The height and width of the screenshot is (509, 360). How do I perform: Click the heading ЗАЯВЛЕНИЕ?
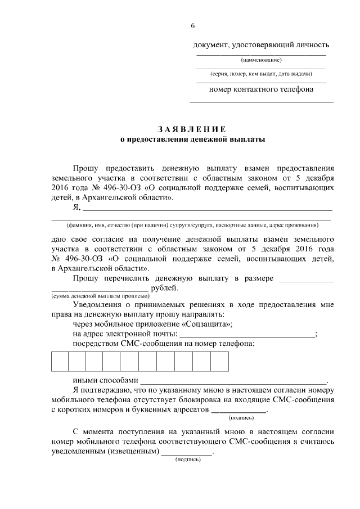click(x=193, y=129)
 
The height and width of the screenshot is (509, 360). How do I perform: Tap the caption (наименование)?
click(x=261, y=60)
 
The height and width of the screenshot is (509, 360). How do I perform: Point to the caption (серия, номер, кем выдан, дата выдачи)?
click(x=261, y=74)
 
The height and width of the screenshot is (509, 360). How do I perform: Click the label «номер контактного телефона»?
click(x=261, y=89)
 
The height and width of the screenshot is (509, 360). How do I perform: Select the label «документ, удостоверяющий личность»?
click(x=261, y=45)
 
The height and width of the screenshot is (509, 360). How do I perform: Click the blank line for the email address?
click(x=246, y=335)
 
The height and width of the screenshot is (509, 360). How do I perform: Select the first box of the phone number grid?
click(x=60, y=361)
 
